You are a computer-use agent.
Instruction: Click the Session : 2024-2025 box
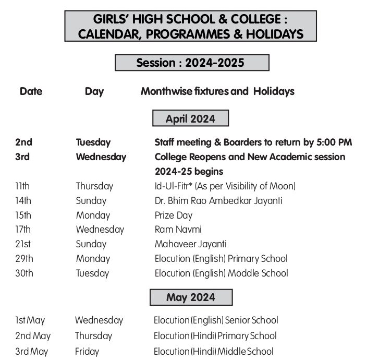(x=191, y=63)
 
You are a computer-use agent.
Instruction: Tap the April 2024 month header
(x=190, y=118)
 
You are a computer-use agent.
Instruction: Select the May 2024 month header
(x=191, y=297)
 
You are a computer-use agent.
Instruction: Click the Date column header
(x=31, y=91)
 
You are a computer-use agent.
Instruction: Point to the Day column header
(x=94, y=92)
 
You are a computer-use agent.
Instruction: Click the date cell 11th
(x=23, y=186)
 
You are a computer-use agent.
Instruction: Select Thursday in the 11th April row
(x=94, y=186)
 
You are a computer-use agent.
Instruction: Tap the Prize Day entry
(x=174, y=215)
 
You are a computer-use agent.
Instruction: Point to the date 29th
(x=24, y=259)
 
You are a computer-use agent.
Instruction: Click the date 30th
(x=24, y=273)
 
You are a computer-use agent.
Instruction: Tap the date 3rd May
(x=32, y=352)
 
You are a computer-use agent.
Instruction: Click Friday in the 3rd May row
(x=87, y=352)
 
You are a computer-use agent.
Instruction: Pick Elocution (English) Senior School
(x=216, y=320)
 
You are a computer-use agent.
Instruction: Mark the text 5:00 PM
(x=334, y=142)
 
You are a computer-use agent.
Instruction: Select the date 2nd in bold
(x=23, y=142)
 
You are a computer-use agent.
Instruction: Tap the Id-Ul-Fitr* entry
(x=225, y=186)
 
